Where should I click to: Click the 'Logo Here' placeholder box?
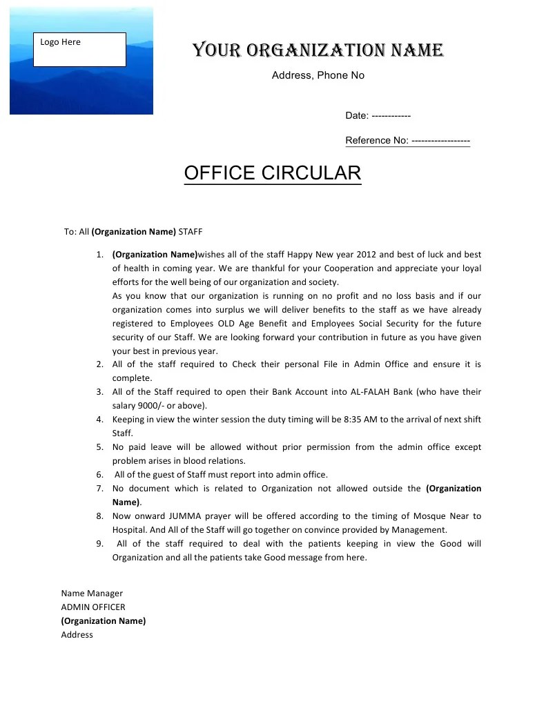(79, 49)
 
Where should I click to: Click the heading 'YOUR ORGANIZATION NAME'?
(318, 50)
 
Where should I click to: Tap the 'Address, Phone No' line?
(318, 75)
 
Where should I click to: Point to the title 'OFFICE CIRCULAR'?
(273, 173)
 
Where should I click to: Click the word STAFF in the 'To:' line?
(191, 232)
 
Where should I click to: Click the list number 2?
(100, 364)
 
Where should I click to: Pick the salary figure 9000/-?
(153, 406)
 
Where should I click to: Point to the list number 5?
(100, 447)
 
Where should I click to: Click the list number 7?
(100, 489)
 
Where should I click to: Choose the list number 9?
(100, 544)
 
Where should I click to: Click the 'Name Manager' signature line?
(92, 593)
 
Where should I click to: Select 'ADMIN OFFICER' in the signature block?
(93, 607)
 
